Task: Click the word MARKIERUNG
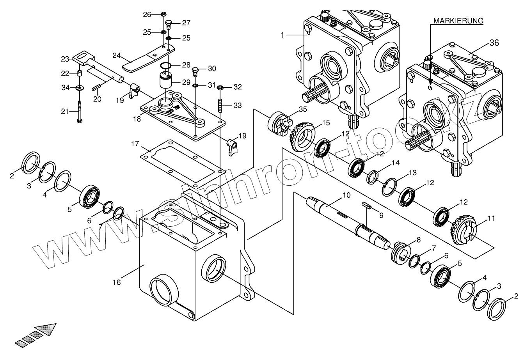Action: pos(458,21)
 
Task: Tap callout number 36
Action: pos(494,43)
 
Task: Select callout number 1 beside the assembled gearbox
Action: pos(282,35)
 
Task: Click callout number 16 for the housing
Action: pos(117,282)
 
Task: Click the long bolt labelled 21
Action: pos(80,112)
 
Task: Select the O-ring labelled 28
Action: pos(165,66)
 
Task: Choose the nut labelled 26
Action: pos(164,14)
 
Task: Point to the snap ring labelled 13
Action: pos(389,187)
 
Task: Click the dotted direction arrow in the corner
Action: pos(36,335)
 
